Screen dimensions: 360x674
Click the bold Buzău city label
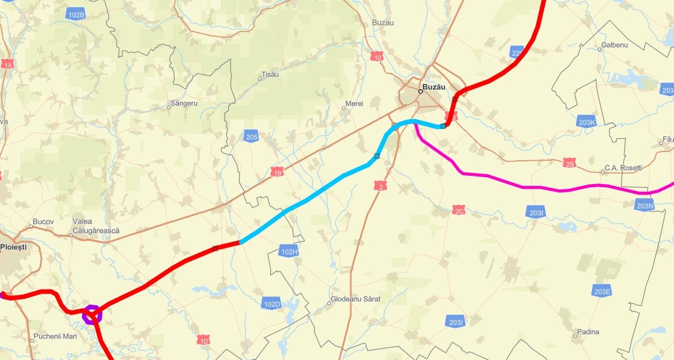(434, 87)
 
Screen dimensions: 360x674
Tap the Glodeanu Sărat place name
(355, 299)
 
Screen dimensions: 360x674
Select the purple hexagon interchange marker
(91, 315)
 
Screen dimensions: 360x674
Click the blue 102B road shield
(76, 15)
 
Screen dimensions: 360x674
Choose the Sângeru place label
(184, 103)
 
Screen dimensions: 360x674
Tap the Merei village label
(354, 104)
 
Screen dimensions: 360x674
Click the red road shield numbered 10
(378, 57)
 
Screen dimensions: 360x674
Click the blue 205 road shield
(252, 137)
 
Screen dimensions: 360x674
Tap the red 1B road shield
(277, 173)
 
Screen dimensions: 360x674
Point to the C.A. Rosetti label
(623, 168)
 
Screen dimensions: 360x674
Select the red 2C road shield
(458, 210)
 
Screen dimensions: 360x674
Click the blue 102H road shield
(289, 251)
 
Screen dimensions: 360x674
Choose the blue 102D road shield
(272, 304)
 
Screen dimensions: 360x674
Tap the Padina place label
(588, 332)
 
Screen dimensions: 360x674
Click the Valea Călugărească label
(96, 226)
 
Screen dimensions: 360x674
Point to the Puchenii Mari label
(55, 336)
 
